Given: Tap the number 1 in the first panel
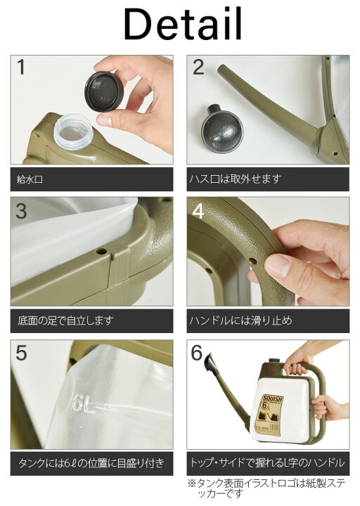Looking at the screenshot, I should click(22, 68).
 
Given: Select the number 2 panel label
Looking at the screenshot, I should click(198, 68).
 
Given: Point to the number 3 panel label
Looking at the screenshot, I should click(22, 212).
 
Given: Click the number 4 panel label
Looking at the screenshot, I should click(198, 212).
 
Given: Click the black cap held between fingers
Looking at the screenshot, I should click(105, 91).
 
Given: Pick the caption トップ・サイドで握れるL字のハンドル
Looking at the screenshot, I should click(267, 463).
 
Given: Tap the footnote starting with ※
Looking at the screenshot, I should click(267, 489).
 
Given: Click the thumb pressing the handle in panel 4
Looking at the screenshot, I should click(277, 266).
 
